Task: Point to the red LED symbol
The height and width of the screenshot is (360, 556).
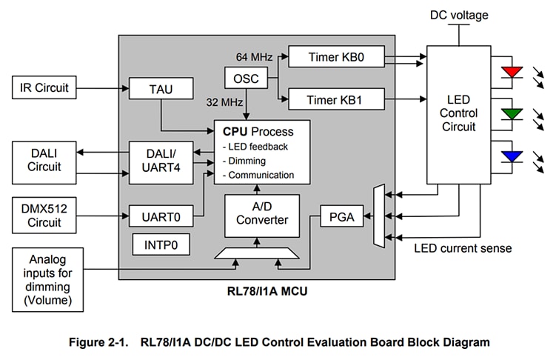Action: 511,72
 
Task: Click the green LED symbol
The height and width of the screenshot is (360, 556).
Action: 511,113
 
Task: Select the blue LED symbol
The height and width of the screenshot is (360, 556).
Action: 511,156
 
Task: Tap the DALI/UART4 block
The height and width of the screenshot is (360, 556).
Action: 161,161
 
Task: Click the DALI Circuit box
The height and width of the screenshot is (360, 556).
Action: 44,161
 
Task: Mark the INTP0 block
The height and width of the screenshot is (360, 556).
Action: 161,244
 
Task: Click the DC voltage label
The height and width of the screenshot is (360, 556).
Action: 460,15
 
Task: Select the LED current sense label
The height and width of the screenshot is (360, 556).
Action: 463,247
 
